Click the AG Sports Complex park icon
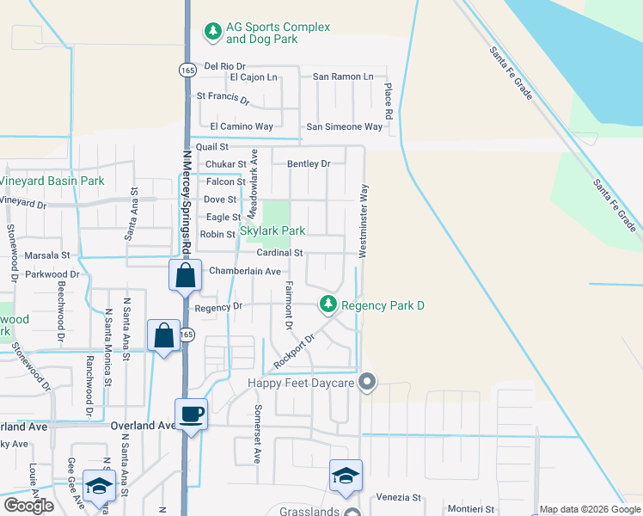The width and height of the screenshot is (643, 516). [x=212, y=32]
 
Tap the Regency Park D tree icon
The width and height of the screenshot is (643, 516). [x=328, y=304]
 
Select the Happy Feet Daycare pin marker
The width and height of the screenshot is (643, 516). [x=368, y=381]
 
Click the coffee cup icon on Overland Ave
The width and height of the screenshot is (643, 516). [x=192, y=415]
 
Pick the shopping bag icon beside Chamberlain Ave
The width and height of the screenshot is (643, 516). [x=185, y=276]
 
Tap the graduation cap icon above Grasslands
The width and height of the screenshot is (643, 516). [x=346, y=476]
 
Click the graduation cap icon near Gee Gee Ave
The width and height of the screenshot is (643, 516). [x=100, y=486]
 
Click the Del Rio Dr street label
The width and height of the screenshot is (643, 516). [x=225, y=66]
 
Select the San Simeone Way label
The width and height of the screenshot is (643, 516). [x=345, y=126]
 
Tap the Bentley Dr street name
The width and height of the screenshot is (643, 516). [x=309, y=163]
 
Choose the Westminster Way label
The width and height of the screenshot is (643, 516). [x=364, y=220]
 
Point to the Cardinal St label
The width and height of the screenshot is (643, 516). [x=279, y=253]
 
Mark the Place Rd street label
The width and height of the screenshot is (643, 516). [x=389, y=101]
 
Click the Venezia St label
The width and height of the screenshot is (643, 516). [x=396, y=497]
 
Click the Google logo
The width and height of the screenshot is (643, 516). [x=28, y=506]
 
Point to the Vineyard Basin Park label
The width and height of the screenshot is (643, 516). [x=52, y=181]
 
